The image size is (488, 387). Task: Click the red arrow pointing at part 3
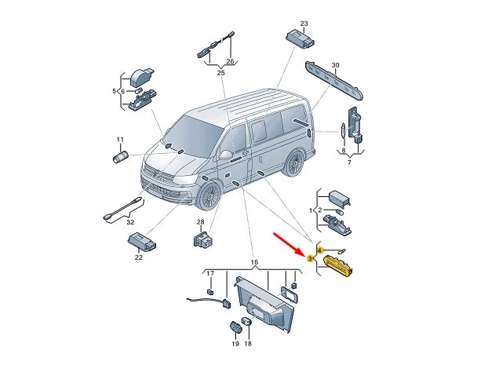point(289,244)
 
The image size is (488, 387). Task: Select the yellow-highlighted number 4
point(320,250)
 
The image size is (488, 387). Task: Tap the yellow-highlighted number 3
point(310,258)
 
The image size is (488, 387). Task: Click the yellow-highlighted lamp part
point(338,265)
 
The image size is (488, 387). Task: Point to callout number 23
point(304,24)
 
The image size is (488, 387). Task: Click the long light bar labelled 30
point(334,82)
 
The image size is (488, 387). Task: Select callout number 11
point(120,140)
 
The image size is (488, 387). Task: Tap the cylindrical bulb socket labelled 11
point(120,156)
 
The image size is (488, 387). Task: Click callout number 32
point(130,222)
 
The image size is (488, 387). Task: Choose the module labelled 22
point(142,241)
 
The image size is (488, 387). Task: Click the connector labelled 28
point(202,239)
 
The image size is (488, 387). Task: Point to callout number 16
point(254,262)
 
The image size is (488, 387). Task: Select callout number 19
point(235,344)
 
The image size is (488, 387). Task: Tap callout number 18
point(248,344)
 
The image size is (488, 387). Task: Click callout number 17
point(210,273)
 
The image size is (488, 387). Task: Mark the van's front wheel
point(209,196)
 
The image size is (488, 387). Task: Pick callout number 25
point(220,73)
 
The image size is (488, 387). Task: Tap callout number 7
point(349,162)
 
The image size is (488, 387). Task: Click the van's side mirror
point(226,155)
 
